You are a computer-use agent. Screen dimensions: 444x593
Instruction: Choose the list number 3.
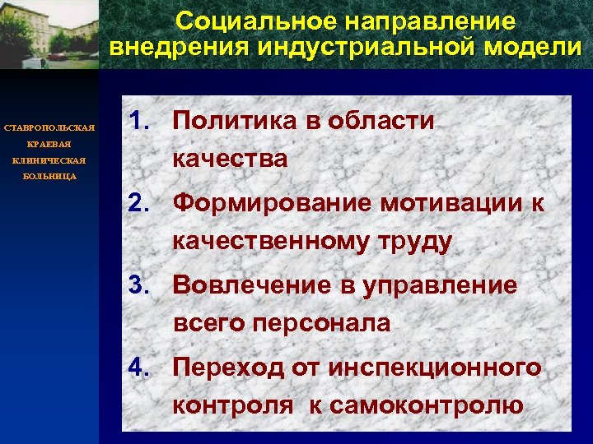click(141, 285)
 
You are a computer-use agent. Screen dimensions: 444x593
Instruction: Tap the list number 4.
click(141, 368)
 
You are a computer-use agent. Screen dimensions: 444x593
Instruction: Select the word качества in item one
click(230, 160)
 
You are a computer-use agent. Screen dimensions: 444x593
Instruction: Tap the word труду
click(415, 242)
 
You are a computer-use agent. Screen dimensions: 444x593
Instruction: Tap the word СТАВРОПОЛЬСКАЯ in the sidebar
click(49, 128)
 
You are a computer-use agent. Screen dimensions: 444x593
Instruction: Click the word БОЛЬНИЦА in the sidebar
click(49, 176)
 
